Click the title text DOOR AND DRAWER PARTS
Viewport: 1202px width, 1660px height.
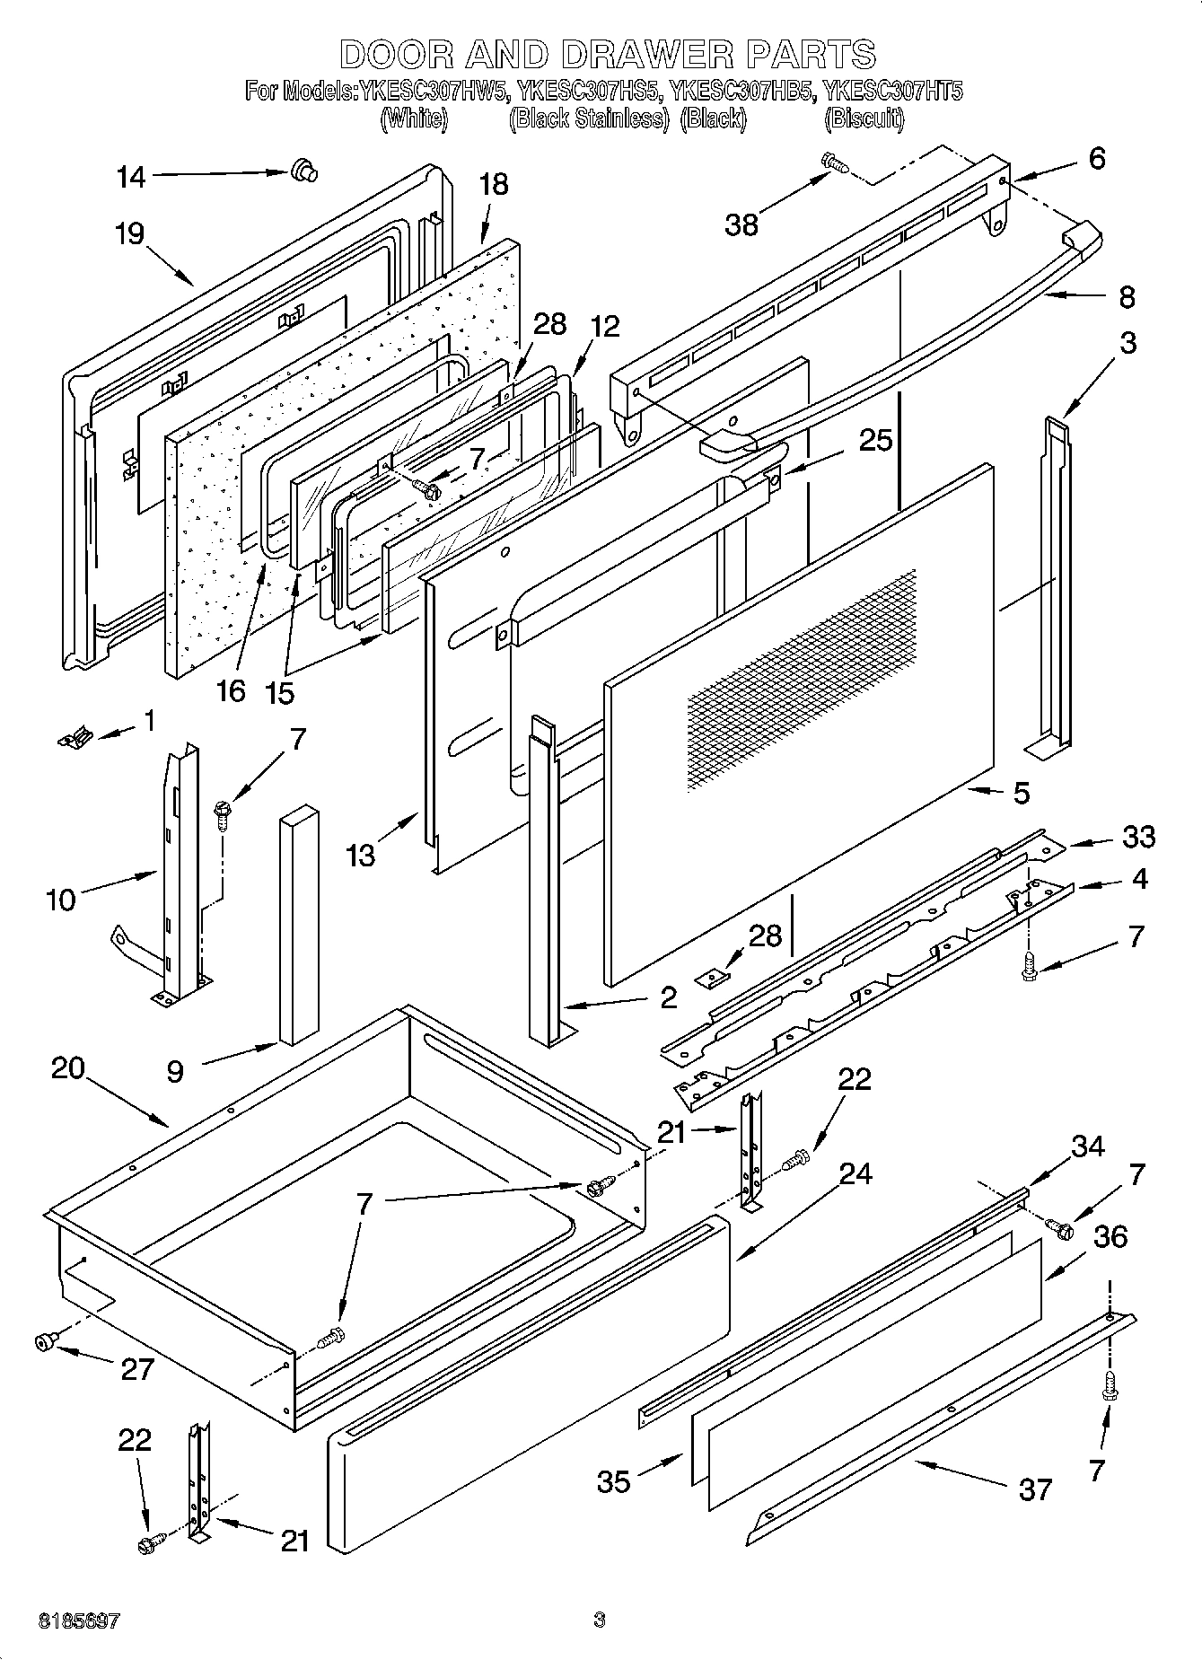click(x=608, y=54)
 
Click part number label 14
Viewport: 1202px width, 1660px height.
click(x=131, y=177)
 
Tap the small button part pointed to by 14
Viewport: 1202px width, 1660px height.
click(x=303, y=170)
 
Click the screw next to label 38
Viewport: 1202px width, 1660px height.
click(x=834, y=163)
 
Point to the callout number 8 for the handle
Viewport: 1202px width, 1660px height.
click(x=1127, y=297)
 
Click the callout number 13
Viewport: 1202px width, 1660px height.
click(x=361, y=856)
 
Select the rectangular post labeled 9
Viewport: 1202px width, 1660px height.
click(x=298, y=925)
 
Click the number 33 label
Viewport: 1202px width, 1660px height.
click(x=1138, y=836)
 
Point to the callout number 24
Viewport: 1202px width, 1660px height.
click(x=855, y=1173)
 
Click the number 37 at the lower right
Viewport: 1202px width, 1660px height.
click(x=1035, y=1489)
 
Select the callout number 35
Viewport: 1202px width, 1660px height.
click(x=614, y=1481)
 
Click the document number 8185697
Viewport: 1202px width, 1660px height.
click(x=79, y=1621)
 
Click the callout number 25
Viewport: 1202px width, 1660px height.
click(x=875, y=440)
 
